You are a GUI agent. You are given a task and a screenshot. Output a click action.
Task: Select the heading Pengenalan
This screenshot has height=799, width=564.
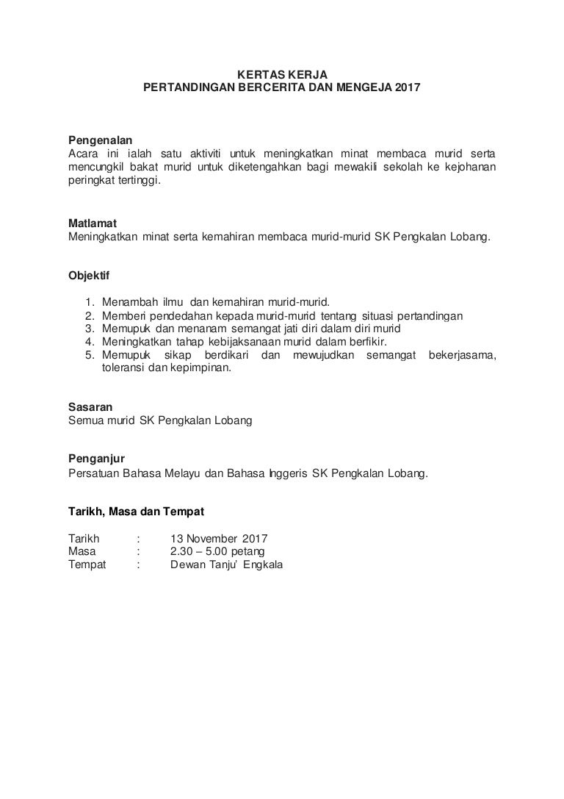101,140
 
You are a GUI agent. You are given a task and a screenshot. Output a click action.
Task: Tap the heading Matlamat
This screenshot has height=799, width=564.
92,223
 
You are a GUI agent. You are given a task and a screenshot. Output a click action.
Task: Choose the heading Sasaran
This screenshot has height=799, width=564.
90,406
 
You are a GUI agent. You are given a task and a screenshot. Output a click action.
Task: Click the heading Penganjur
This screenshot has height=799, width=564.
95,459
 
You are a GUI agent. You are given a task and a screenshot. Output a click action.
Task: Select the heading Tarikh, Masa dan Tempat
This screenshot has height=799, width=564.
136,511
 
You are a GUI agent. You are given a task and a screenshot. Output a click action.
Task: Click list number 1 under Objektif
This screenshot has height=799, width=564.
90,302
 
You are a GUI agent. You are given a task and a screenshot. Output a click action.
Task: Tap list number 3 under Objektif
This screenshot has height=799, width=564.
90,329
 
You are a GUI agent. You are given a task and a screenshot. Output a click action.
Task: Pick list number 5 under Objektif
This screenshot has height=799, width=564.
90,356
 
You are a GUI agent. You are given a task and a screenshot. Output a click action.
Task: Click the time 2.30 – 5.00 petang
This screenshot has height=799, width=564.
217,551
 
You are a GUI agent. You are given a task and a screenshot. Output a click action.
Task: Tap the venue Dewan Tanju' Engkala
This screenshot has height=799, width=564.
225,565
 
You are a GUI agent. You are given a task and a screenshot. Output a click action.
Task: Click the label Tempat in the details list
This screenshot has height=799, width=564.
87,565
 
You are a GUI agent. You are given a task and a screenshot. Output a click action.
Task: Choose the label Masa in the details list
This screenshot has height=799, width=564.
83,551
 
